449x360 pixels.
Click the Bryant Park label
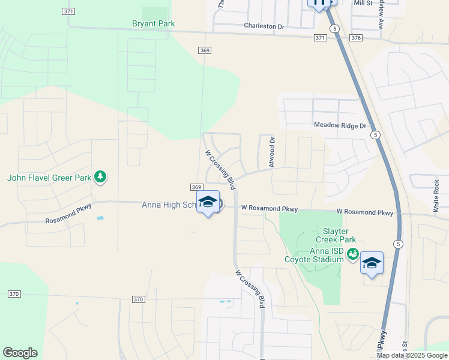[x=153, y=24]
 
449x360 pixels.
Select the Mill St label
[x=363, y=3]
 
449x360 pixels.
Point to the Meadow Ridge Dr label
[x=340, y=125]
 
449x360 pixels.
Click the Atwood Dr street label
[x=272, y=152]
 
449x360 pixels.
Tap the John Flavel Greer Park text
[x=49, y=177]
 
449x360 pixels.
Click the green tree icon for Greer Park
[x=101, y=177]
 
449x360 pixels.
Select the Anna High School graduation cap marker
[x=208, y=202]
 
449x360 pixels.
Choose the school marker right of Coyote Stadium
[x=372, y=263]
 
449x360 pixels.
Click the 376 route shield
[x=357, y=38]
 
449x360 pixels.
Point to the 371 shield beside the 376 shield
[x=320, y=38]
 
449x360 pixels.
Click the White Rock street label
[x=436, y=196]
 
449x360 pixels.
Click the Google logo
[x=20, y=353]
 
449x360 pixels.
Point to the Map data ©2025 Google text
[x=411, y=355]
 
